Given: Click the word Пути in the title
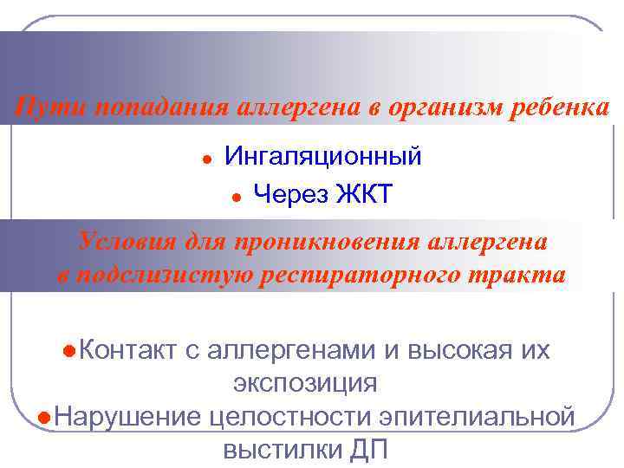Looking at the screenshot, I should (x=51, y=109).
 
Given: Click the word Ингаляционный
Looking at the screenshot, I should (x=323, y=156).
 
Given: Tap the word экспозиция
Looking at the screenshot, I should (x=305, y=382).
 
